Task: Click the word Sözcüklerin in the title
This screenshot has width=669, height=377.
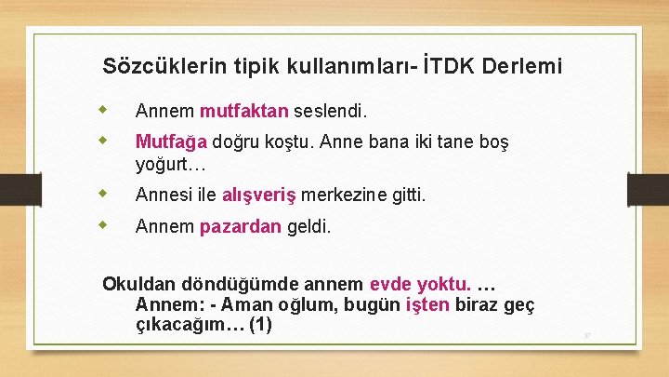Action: (x=157, y=66)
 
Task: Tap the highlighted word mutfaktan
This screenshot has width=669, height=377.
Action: (x=244, y=112)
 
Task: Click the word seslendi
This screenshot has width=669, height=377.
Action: (x=331, y=112)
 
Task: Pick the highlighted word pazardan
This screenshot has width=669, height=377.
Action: (x=240, y=226)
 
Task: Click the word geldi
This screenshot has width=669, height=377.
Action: (x=308, y=226)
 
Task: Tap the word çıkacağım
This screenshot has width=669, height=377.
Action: (x=190, y=325)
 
